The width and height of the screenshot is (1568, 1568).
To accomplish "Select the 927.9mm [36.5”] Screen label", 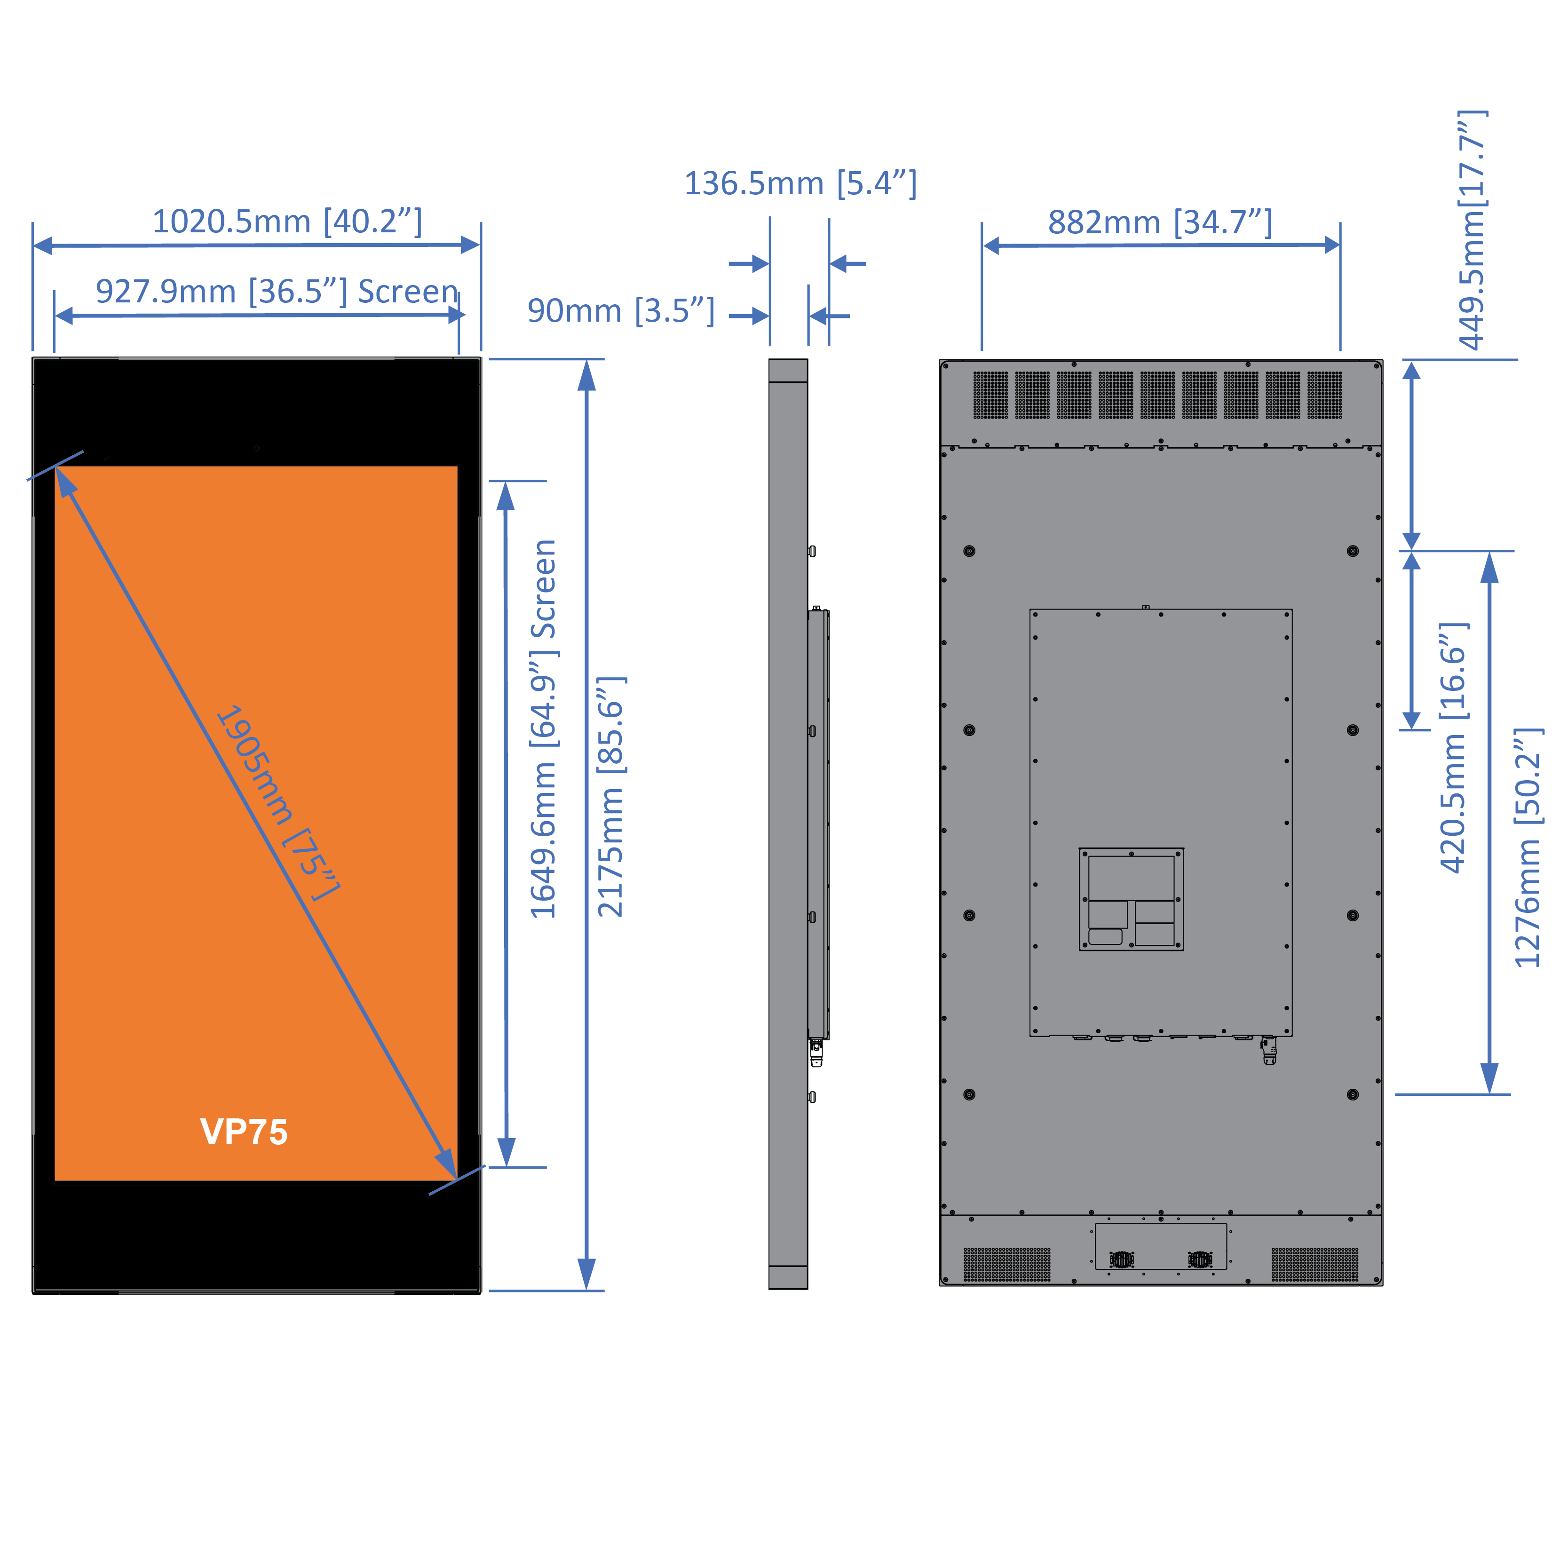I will tap(277, 292).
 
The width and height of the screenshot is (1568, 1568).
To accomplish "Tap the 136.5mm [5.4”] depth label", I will tap(800, 183).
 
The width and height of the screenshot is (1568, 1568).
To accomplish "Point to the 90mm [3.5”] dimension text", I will tap(621, 311).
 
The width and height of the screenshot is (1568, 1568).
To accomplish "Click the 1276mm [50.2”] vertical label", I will tap(1528, 847).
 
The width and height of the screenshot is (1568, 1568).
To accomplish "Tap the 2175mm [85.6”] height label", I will tap(610, 797).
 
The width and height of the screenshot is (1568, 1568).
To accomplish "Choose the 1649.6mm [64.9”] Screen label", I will tap(543, 729).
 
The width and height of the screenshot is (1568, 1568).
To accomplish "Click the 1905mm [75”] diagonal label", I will tap(277, 802).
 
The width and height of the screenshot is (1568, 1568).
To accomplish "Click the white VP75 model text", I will tap(244, 1132).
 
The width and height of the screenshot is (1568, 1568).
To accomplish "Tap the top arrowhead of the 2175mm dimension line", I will tap(587, 376).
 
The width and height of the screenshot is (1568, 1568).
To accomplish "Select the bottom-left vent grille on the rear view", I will tap(1006, 1265).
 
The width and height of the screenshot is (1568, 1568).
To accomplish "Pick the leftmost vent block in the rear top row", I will tap(990, 395).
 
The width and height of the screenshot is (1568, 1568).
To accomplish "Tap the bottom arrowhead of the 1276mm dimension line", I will tap(1489, 1078).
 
